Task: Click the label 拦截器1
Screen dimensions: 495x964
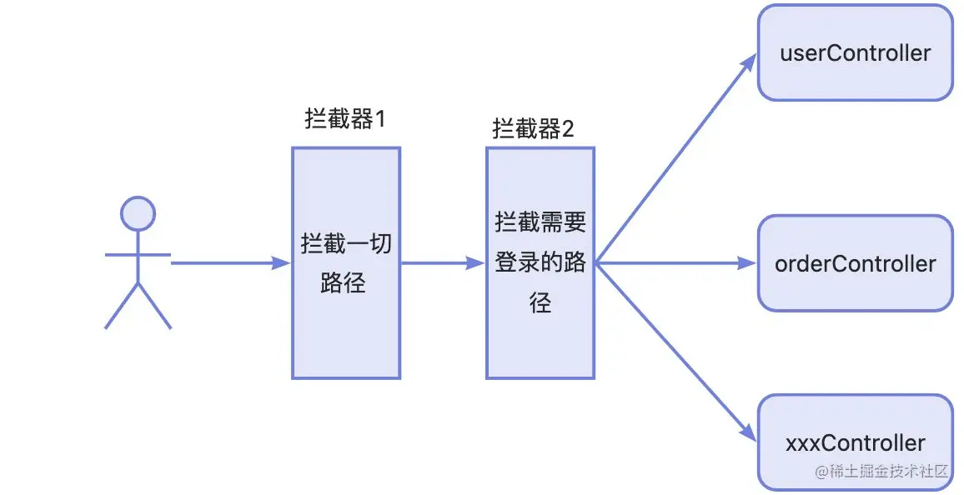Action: point(345,120)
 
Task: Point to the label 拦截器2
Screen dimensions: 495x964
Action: point(533,129)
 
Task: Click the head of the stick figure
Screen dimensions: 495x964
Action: point(138,213)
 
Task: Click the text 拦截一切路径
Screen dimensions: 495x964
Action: point(345,263)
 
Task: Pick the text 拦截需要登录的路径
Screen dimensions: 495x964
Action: point(540,263)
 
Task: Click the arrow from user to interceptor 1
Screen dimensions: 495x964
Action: point(225,263)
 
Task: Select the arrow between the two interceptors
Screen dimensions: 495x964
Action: point(442,263)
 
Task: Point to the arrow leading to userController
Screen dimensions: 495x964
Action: point(675,158)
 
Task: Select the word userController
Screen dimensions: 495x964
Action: point(855,53)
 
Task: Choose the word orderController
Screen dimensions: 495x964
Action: point(855,264)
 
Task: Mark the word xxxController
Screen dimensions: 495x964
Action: point(855,442)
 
